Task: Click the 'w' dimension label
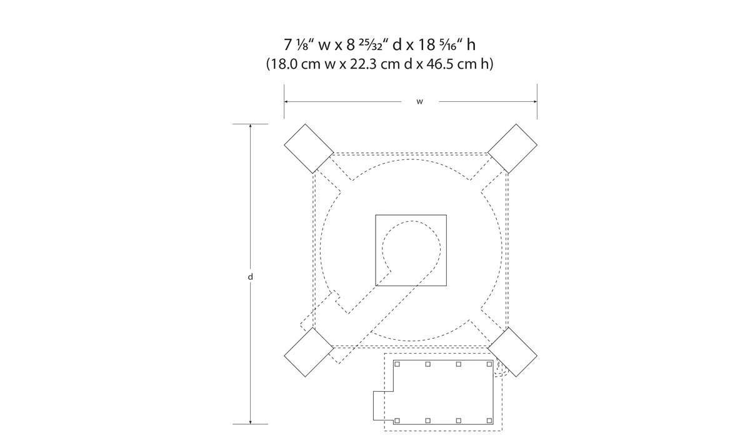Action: [419, 102]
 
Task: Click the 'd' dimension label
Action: [250, 276]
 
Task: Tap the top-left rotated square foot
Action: [309, 149]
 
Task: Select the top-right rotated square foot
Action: [512, 149]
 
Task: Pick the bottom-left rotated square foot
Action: [309, 352]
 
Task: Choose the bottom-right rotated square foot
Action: [512, 352]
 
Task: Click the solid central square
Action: [411, 250]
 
